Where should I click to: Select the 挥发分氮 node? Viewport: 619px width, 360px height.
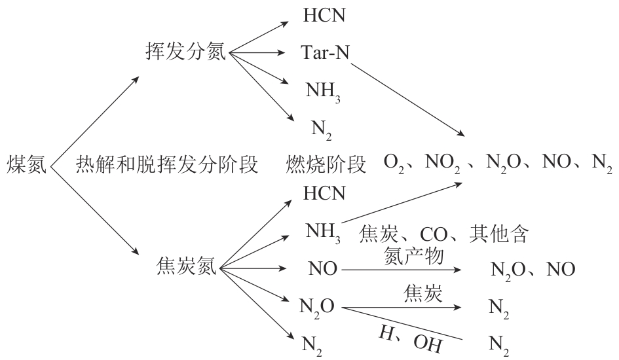point(185,52)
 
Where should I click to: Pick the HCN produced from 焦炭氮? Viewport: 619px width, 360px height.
point(323,194)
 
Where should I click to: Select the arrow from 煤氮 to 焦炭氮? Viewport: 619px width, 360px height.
point(95,210)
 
